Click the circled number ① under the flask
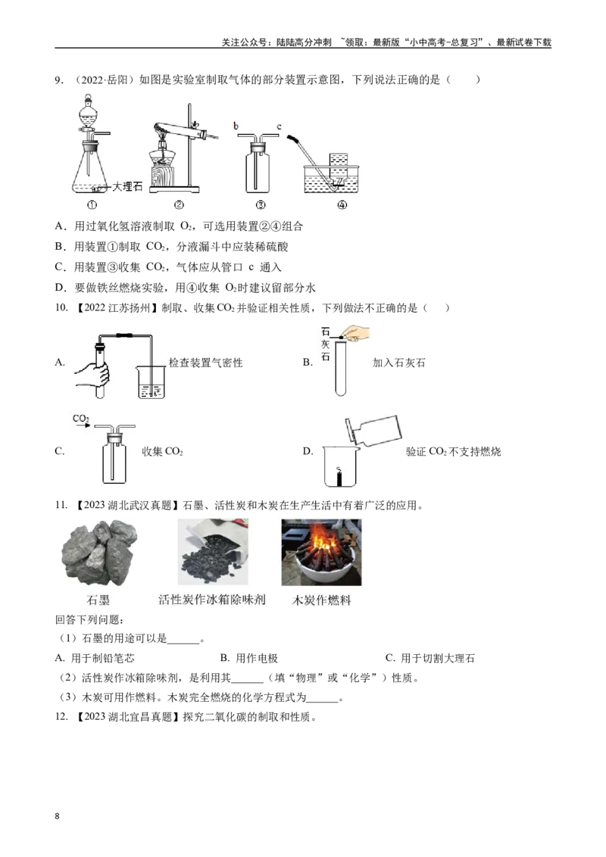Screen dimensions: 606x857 point(92,205)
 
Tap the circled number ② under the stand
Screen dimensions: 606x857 point(179,205)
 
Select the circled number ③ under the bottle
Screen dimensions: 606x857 point(261,205)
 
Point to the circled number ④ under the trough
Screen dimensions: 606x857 point(342,205)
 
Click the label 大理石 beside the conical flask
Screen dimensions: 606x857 point(127,186)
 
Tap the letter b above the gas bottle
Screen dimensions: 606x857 point(236,126)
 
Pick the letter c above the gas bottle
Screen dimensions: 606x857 point(279,126)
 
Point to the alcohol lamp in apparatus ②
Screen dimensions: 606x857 point(162,163)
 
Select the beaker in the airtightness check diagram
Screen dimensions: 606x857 point(151,382)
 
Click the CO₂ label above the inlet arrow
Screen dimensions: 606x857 point(81,419)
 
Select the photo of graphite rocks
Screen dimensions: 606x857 point(99,553)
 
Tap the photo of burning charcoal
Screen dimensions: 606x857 point(322,552)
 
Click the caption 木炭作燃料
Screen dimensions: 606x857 point(322,600)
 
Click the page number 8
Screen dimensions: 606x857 point(58,816)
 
